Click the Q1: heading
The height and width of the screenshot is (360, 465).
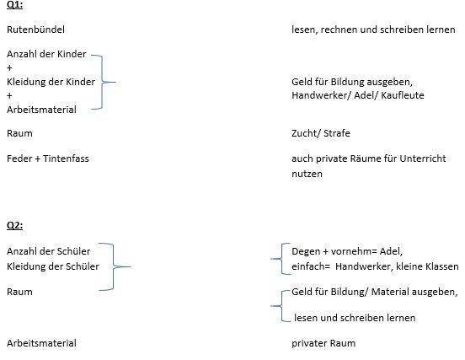point(14,5)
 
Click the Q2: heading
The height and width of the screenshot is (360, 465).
point(14,225)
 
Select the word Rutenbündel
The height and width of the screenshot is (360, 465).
point(35,30)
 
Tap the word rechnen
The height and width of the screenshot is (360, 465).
point(339,30)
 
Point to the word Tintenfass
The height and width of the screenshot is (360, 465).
point(66,159)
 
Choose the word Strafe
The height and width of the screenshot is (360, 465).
point(337,133)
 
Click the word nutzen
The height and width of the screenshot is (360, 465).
point(307,174)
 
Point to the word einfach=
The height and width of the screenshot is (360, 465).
point(311,266)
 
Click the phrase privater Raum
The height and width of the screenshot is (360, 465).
point(323,343)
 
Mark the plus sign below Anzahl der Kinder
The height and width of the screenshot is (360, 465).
point(9,68)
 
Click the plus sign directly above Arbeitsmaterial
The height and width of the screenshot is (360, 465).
point(9,95)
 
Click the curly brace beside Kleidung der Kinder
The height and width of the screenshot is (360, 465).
point(102,82)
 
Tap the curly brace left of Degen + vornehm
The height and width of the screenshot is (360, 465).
point(281,259)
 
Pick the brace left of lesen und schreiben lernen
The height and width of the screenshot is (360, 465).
point(281,306)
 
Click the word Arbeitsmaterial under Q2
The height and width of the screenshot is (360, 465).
point(41,343)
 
